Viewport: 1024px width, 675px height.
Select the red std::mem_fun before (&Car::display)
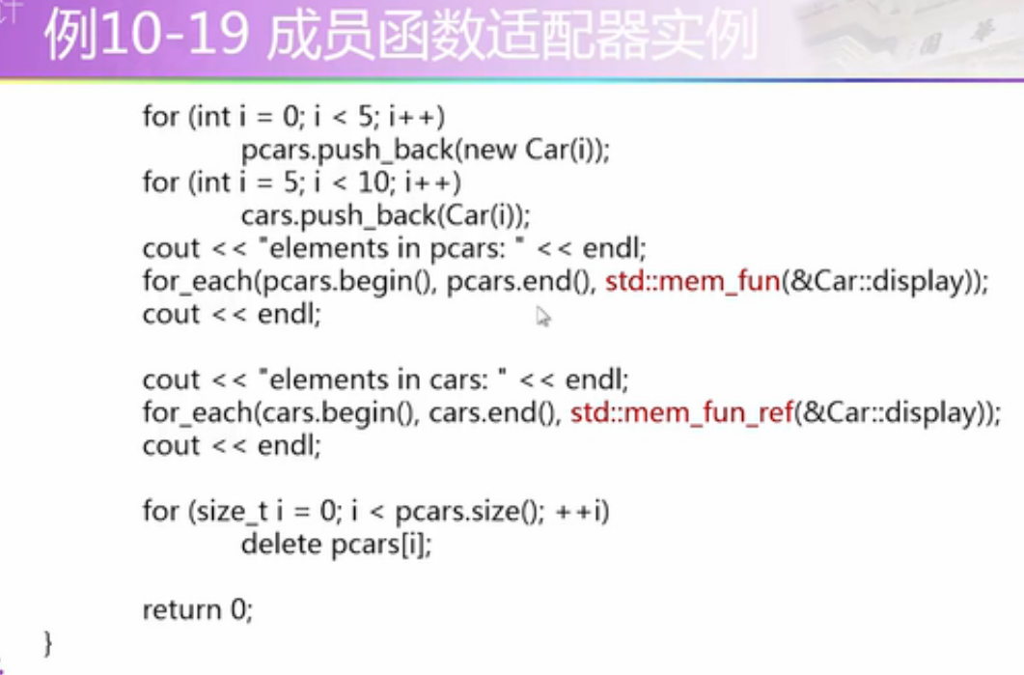pos(691,282)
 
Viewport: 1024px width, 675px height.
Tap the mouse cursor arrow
pos(542,316)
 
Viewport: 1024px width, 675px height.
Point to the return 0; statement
pos(197,610)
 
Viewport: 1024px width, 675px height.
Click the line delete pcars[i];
pos(336,545)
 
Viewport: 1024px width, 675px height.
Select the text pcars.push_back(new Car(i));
pos(427,150)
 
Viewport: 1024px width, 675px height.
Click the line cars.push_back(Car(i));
pos(386,215)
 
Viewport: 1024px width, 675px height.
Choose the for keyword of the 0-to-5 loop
pos(160,117)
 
